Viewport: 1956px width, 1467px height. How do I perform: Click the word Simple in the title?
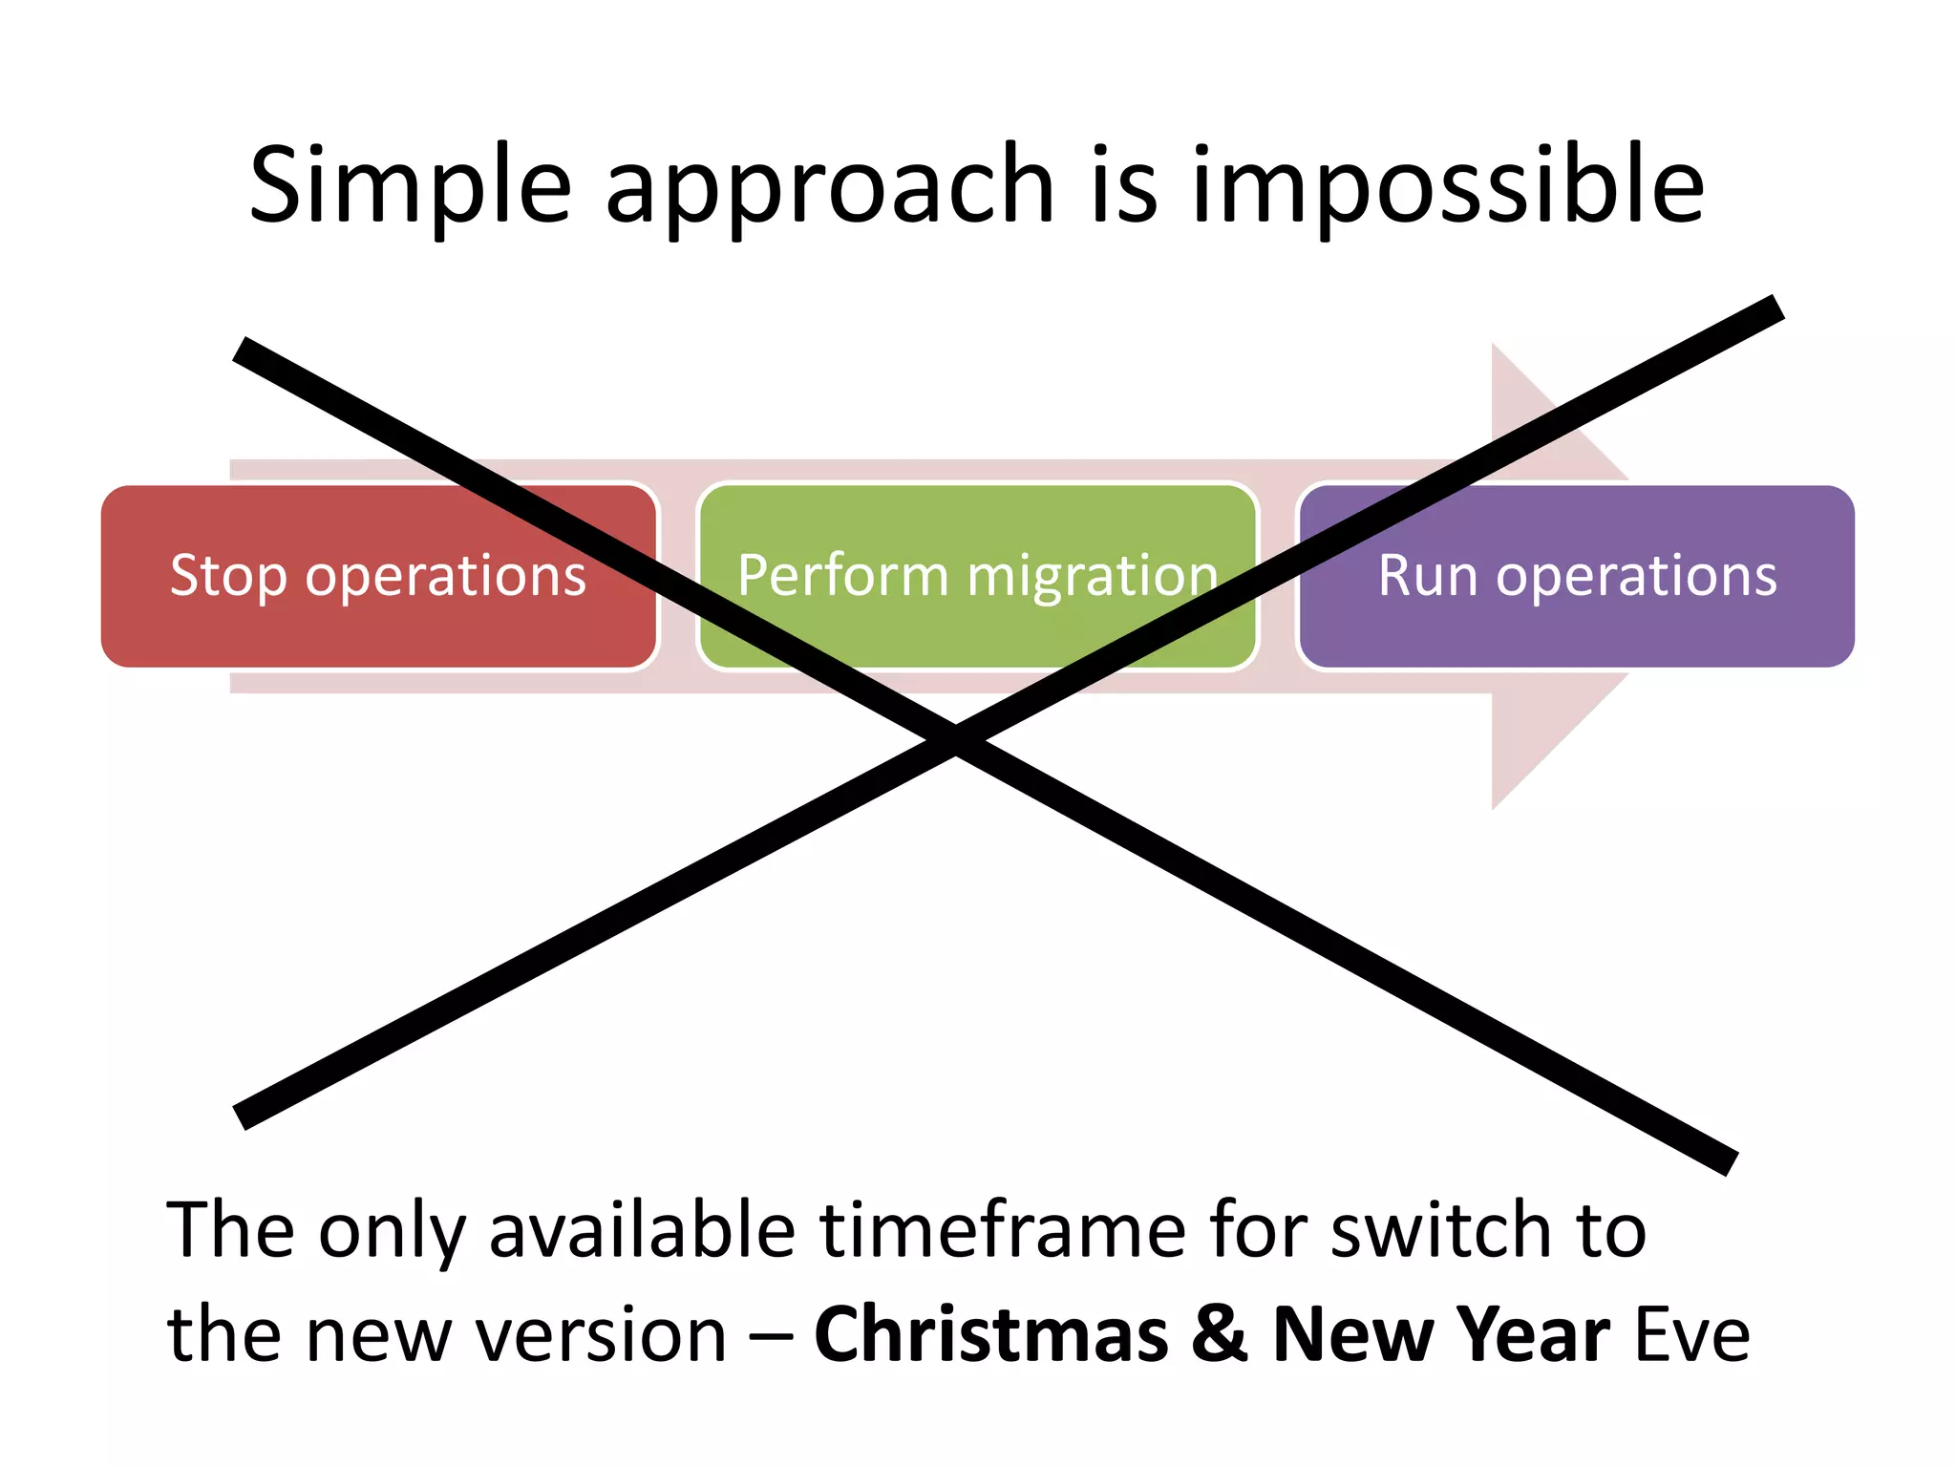pos(410,186)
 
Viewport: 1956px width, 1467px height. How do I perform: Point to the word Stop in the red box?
pos(227,576)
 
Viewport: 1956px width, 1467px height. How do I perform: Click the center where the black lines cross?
pos(955,739)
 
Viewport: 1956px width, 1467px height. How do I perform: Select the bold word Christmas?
pos(990,1334)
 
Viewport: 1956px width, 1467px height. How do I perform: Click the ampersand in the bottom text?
pos(1220,1334)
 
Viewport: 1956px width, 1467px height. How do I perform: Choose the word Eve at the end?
pos(1692,1334)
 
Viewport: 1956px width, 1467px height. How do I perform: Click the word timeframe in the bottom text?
pos(1002,1230)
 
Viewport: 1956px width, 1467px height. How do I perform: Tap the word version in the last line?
pos(602,1334)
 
